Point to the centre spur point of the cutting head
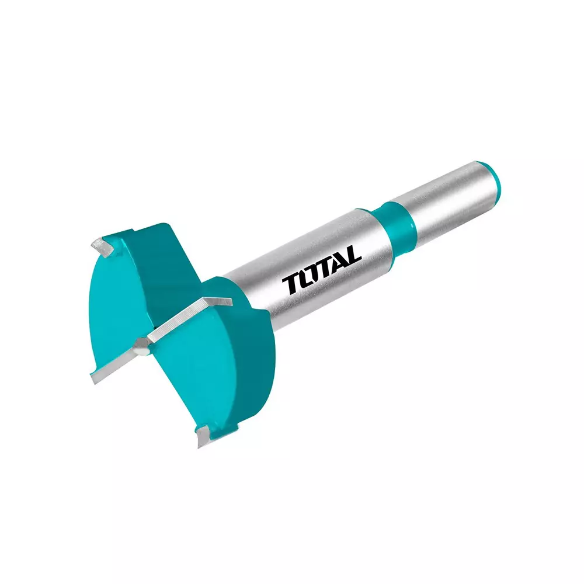coord(142,347)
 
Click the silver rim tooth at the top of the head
coord(104,248)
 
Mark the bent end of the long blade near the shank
coord(219,300)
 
